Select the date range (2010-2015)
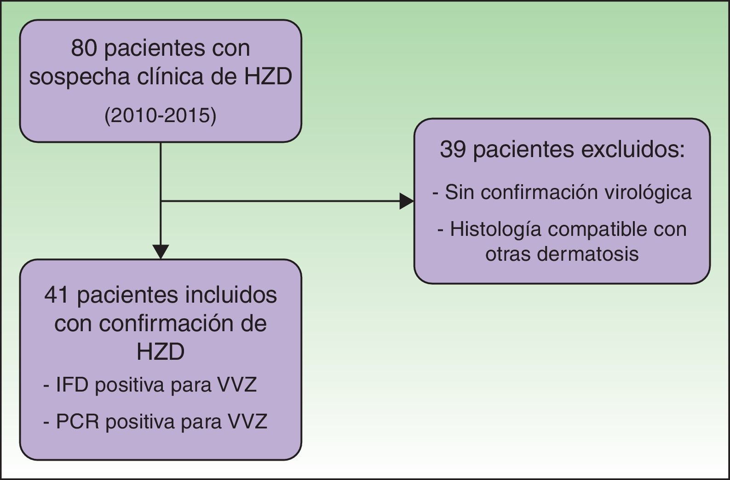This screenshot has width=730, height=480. pyautogui.click(x=161, y=116)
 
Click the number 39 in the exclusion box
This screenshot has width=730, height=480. pyautogui.click(x=453, y=150)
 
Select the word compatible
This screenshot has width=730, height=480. pyautogui.click(x=601, y=229)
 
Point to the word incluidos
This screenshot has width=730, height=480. pyautogui.click(x=231, y=295)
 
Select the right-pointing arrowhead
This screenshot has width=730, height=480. pyautogui.click(x=407, y=201)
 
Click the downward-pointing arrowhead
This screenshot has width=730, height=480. pyautogui.click(x=161, y=252)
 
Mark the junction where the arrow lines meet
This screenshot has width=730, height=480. pyautogui.click(x=161, y=201)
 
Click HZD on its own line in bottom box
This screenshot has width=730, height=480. pyautogui.click(x=161, y=352)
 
